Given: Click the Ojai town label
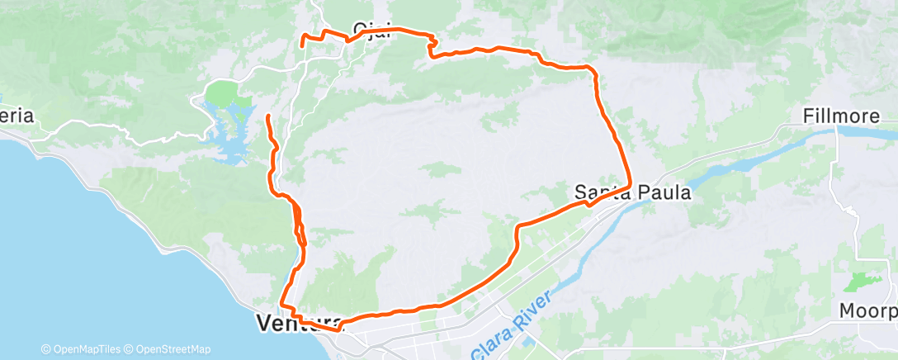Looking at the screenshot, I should pyautogui.click(x=371, y=29).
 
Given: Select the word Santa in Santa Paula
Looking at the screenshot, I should pyautogui.click(x=600, y=192).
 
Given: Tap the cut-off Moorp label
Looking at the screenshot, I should pyautogui.click(x=867, y=311).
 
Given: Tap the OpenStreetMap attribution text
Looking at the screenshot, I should pyautogui.click(x=165, y=349).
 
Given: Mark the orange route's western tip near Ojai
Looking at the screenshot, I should pyautogui.click(x=302, y=38).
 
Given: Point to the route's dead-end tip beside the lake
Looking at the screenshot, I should pyautogui.click(x=267, y=116).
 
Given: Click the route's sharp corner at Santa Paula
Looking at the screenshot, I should pyautogui.click(x=631, y=185).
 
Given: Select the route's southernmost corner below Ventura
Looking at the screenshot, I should pyautogui.click(x=336, y=329).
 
